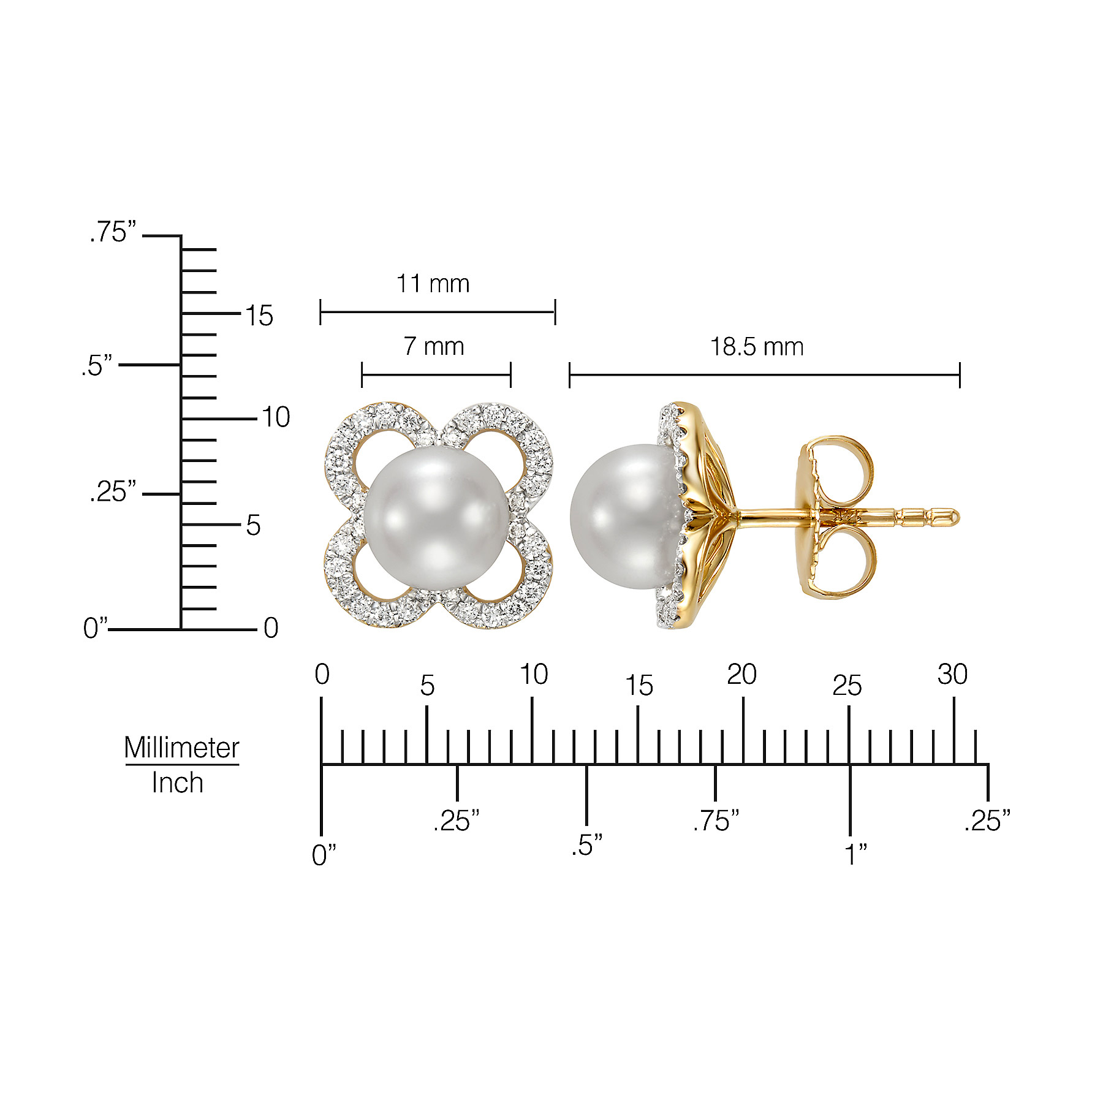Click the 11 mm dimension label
pyautogui.click(x=433, y=284)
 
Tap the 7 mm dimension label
pyautogui.click(x=434, y=347)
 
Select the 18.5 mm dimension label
pyautogui.click(x=757, y=347)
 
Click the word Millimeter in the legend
pyautogui.click(x=182, y=748)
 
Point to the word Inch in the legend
pyautogui.click(x=177, y=783)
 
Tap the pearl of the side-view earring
pyautogui.click(x=626, y=517)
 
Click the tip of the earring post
pyautogui.click(x=959, y=518)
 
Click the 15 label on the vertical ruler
pyautogui.click(x=259, y=316)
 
